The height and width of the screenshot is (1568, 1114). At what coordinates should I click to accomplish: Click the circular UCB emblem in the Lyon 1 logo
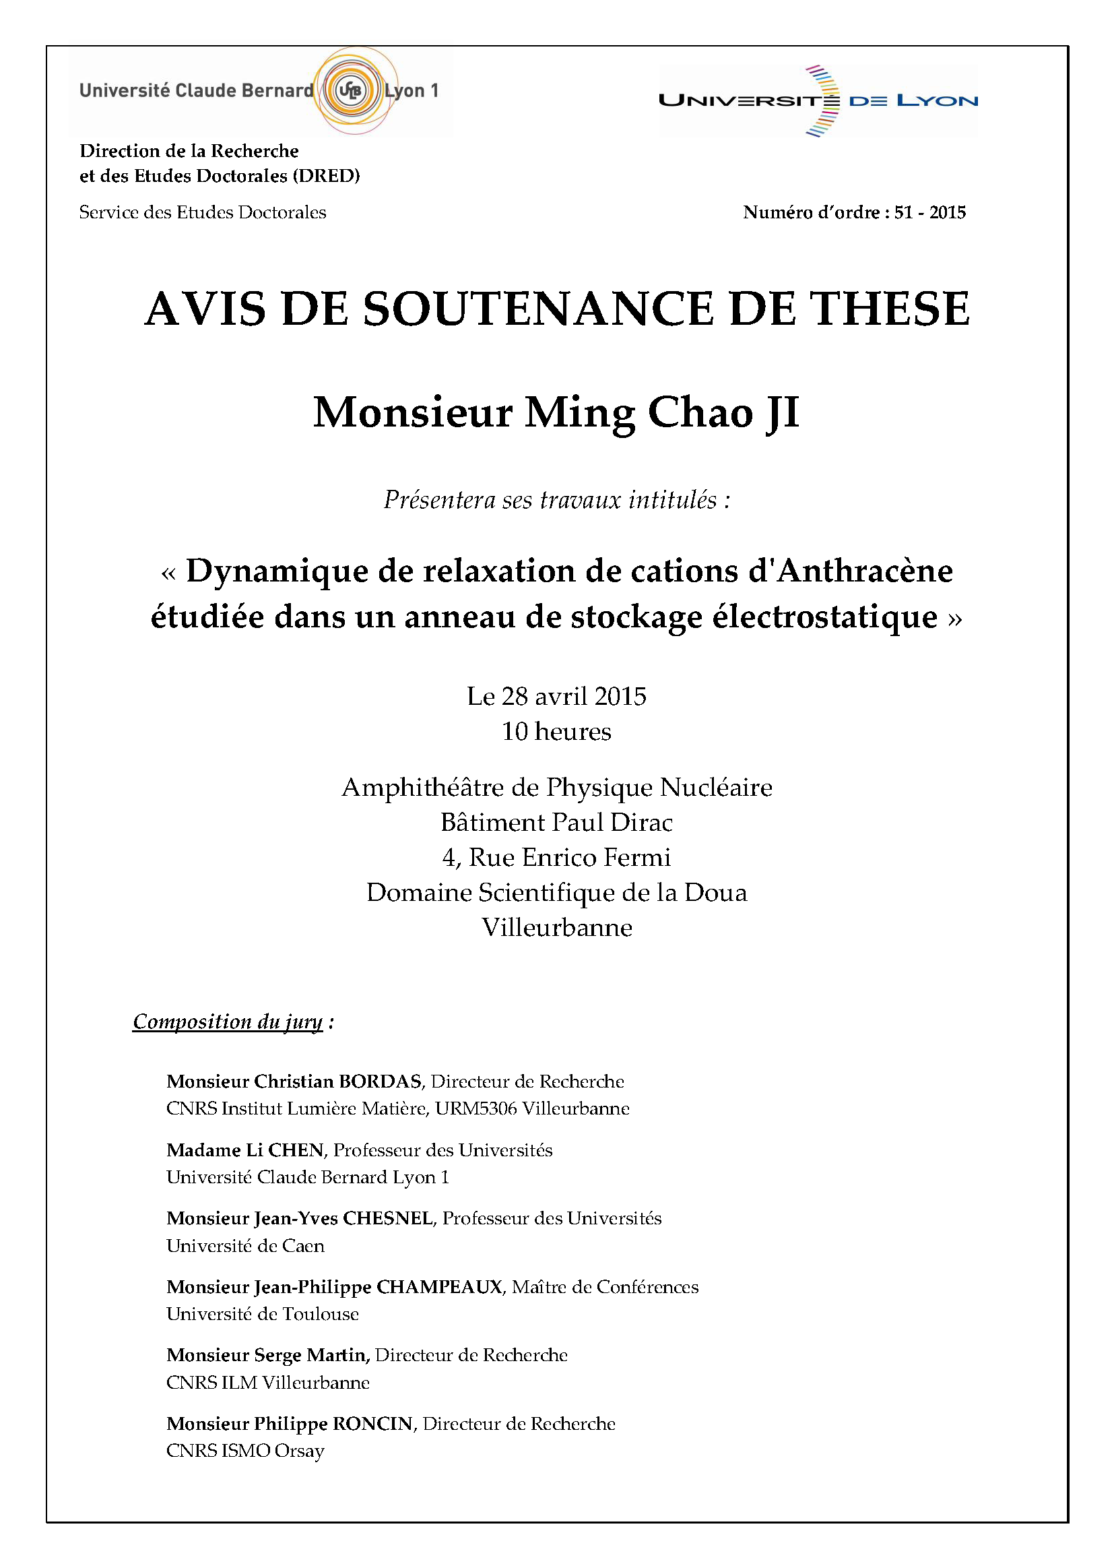click(x=350, y=90)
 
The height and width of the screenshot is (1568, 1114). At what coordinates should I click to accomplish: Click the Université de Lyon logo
click(x=818, y=101)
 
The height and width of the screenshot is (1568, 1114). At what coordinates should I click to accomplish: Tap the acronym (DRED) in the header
click(x=327, y=176)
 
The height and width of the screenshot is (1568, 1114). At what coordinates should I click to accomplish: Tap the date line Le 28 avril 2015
click(x=556, y=696)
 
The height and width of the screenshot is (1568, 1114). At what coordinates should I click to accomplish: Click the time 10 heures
click(x=556, y=732)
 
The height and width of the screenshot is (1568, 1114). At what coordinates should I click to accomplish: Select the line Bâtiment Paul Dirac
click(x=556, y=822)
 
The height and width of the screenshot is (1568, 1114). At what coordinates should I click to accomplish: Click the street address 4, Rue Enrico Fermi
click(x=556, y=857)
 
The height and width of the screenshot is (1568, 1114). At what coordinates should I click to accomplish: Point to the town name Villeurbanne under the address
click(x=556, y=927)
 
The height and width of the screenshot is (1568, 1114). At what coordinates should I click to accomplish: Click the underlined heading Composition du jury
click(x=227, y=1021)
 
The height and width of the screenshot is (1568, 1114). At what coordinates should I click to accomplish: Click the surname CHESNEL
click(x=387, y=1218)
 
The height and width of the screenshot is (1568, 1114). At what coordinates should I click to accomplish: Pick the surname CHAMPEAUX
click(x=439, y=1286)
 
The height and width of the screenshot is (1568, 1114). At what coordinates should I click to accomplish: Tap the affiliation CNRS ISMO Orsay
click(x=245, y=1451)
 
